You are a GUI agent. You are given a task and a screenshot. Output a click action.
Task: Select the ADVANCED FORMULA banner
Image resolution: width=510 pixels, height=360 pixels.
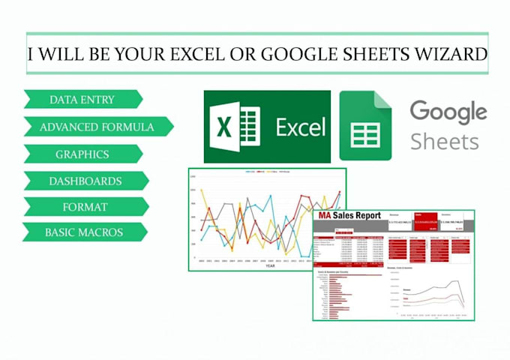pos(97,127)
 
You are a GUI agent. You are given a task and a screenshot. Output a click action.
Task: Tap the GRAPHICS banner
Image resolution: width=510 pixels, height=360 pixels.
pos(82,154)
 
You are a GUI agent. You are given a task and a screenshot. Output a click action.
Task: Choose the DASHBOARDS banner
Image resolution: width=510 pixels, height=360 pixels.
pos(85,181)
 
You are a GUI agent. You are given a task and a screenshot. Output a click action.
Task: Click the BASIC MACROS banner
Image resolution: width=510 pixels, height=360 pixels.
pos(83,232)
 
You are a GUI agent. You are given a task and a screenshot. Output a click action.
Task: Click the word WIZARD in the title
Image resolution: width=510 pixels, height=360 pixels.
pos(442,54)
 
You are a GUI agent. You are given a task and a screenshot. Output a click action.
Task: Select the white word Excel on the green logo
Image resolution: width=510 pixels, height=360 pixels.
pos(300,127)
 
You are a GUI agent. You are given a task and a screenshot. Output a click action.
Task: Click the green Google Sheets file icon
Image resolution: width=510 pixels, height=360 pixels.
pos(365,125)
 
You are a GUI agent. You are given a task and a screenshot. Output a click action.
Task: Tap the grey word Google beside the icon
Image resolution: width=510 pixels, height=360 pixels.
pos(448,113)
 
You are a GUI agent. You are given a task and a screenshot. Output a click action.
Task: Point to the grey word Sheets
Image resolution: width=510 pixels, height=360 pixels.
pos(445,141)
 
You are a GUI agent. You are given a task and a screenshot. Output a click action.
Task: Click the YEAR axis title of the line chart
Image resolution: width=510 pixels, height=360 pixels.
pos(269,265)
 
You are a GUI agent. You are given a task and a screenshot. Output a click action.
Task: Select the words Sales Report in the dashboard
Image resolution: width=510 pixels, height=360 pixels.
pos(357,216)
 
